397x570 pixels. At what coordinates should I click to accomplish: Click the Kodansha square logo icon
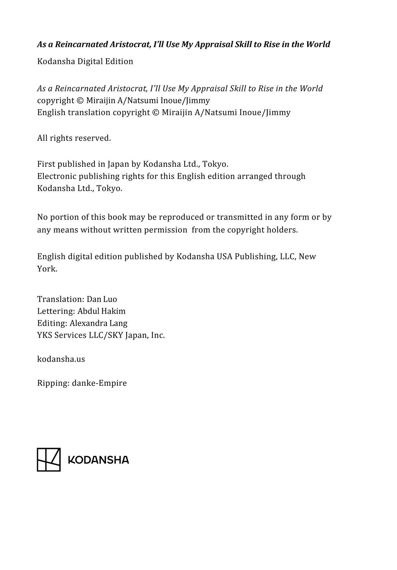[49, 460]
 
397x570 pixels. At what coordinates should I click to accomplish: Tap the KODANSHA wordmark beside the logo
[98, 460]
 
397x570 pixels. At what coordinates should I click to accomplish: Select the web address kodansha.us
[61, 359]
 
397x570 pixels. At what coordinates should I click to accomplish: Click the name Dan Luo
[102, 299]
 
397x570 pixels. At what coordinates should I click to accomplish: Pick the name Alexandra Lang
[98, 323]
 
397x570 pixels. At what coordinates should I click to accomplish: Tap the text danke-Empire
[99, 383]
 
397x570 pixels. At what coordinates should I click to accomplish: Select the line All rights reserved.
[74, 138]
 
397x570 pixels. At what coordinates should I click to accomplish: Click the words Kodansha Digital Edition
[85, 61]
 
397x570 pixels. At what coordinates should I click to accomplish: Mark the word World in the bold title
[318, 44]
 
